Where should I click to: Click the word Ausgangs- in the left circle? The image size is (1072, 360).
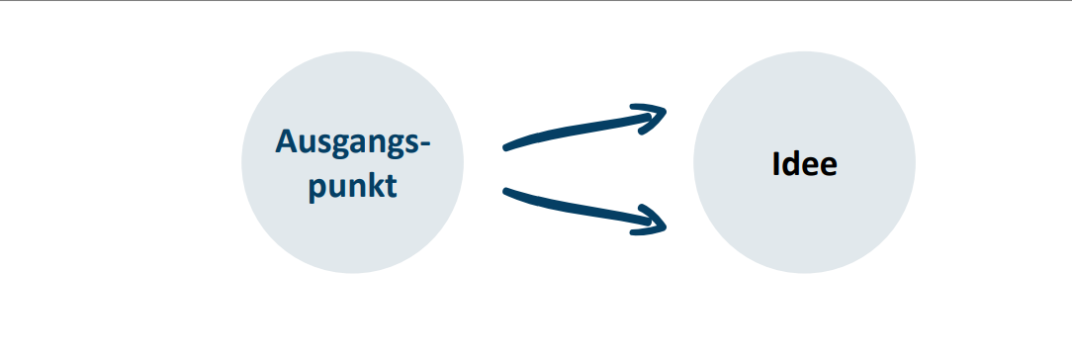click(x=353, y=142)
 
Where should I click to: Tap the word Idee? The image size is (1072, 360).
click(x=805, y=164)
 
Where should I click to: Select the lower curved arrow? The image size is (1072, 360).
click(x=581, y=208)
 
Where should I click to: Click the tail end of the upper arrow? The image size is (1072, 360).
click(x=506, y=147)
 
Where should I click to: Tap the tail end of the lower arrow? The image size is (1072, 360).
click(x=506, y=191)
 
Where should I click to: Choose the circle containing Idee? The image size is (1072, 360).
click(x=805, y=162)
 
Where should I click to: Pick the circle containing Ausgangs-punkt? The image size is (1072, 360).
click(x=353, y=162)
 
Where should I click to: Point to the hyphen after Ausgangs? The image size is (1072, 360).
click(x=425, y=144)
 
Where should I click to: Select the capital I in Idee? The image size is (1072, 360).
click(x=776, y=164)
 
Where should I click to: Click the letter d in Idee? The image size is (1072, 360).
click(x=791, y=164)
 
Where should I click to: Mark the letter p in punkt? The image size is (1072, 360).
click(x=317, y=189)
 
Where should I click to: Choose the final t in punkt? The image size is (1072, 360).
click(x=391, y=187)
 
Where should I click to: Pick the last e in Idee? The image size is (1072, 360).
click(x=829, y=168)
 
